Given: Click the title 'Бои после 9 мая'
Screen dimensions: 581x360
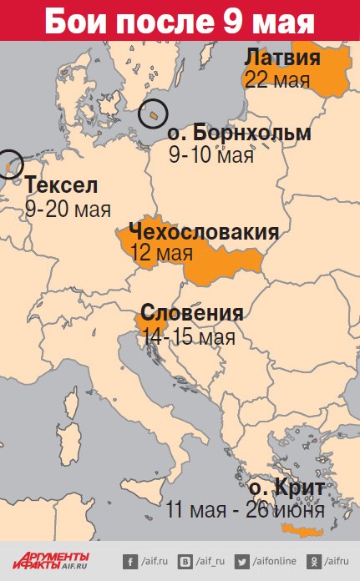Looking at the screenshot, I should pos(180,20).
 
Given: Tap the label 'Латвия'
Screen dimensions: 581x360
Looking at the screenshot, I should pos(282,58).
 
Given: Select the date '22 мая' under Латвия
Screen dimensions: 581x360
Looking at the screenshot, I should pos(278,80).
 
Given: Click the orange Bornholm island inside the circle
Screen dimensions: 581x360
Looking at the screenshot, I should pos(155,112).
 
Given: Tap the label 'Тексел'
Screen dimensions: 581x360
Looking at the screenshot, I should pos(61,184).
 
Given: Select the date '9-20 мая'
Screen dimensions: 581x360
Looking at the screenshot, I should pos(68,209).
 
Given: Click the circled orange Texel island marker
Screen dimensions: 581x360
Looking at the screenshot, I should pos(9,166).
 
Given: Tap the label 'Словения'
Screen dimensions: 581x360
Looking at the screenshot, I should pos(192,314).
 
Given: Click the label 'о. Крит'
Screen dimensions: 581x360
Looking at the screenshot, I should pos(287,487).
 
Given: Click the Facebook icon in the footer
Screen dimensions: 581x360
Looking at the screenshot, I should pos(130,561).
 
